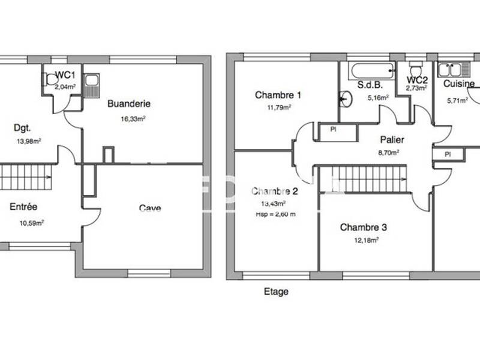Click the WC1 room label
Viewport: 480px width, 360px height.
(x=65, y=75)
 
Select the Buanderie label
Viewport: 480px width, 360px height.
(x=128, y=104)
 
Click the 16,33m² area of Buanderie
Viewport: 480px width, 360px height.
(x=133, y=119)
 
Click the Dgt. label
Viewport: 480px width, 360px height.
(x=23, y=127)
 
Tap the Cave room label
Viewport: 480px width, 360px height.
(x=150, y=208)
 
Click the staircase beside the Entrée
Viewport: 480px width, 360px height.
(x=27, y=177)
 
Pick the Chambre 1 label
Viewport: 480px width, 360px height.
(x=278, y=95)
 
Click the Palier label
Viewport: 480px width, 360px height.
(x=391, y=140)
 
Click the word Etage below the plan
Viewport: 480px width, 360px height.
(x=276, y=292)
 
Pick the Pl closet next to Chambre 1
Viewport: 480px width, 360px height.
(x=332, y=129)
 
